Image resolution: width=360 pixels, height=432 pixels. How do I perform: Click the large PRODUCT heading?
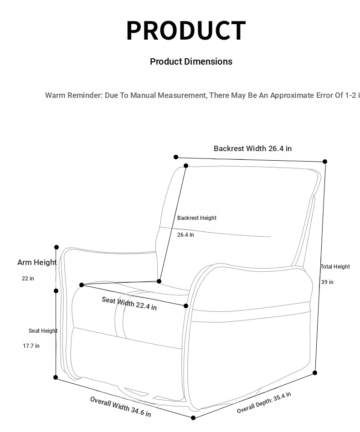(186, 30)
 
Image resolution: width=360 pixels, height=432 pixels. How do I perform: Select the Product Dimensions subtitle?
(191, 61)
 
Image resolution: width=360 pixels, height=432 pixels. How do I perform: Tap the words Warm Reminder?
(74, 95)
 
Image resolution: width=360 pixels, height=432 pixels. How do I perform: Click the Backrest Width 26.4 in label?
(252, 148)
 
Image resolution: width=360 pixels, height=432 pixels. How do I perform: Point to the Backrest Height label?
(197, 218)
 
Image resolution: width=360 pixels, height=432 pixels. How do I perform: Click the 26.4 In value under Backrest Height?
(185, 235)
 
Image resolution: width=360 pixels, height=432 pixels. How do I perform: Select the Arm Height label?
(37, 262)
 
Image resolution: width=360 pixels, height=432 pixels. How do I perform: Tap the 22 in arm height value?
(28, 279)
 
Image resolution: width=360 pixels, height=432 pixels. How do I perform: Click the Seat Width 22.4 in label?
(129, 303)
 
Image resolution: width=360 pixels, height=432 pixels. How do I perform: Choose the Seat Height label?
(43, 331)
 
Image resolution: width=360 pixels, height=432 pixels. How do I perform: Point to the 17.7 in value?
(31, 346)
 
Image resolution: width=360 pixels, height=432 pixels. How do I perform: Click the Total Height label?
(335, 267)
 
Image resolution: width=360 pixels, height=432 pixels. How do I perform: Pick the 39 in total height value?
(327, 282)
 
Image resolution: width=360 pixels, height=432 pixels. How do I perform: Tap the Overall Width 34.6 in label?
(121, 407)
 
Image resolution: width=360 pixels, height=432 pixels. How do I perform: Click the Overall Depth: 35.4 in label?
(264, 402)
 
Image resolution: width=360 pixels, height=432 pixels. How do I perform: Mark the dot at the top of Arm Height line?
(57, 247)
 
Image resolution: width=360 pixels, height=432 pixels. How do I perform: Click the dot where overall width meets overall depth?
(193, 418)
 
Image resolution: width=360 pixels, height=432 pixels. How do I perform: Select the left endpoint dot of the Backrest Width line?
(176, 157)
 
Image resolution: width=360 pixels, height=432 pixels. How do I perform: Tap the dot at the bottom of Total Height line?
(315, 373)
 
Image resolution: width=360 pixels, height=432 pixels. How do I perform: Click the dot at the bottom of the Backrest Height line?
(159, 281)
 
